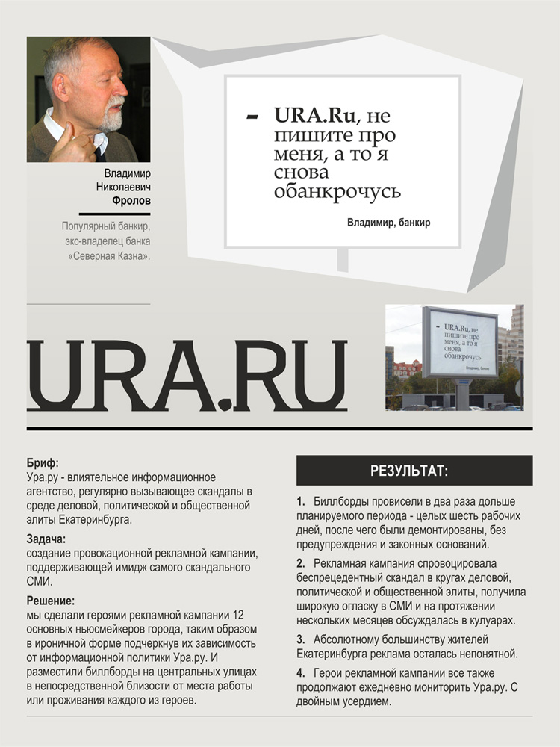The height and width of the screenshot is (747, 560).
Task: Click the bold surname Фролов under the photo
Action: point(131,201)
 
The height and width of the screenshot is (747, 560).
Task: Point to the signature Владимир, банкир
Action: point(388,223)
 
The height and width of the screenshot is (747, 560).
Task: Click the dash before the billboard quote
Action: point(252,116)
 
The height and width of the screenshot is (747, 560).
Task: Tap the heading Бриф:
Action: point(42,464)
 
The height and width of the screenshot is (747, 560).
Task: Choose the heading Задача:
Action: point(46,539)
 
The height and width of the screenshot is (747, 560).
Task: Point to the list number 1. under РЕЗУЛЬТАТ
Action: point(301,501)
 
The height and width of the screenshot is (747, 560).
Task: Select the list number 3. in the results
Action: point(301,639)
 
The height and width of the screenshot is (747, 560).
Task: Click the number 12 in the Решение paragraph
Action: point(239,615)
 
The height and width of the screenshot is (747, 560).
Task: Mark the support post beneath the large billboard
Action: point(342,259)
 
